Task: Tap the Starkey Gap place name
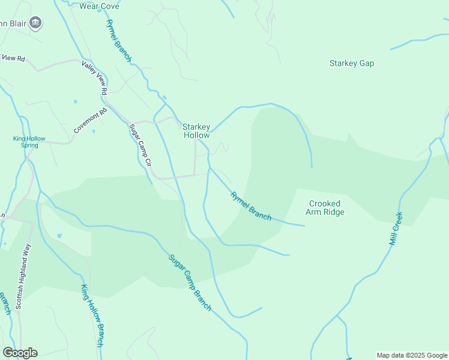(x=352, y=63)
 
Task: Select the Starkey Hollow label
(x=196, y=131)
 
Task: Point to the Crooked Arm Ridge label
(x=326, y=208)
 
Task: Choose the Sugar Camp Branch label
(x=190, y=283)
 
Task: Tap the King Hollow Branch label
(x=92, y=316)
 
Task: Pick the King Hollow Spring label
(x=29, y=142)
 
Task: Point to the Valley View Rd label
(x=95, y=77)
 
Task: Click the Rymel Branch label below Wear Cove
(x=118, y=41)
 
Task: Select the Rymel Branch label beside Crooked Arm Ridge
(x=251, y=205)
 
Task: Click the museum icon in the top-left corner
(x=36, y=23)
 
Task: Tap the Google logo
(x=20, y=353)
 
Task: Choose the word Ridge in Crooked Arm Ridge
(x=334, y=212)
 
